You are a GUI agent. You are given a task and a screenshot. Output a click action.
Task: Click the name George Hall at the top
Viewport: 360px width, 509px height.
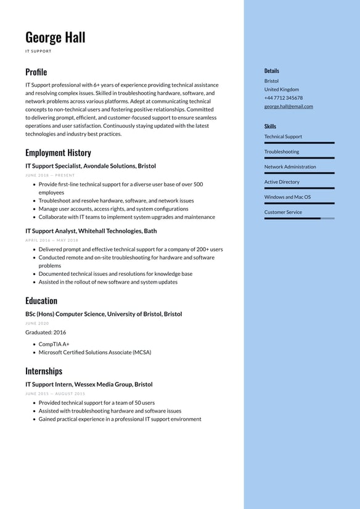point(55,37)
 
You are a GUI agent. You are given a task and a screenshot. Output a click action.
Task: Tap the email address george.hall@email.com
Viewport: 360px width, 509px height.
point(288,106)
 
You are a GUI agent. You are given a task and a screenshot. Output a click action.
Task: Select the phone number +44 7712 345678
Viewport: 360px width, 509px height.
point(284,97)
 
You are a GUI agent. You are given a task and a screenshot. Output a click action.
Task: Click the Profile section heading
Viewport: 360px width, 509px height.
point(36,72)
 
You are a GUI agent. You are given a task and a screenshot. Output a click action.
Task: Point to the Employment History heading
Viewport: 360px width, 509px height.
point(58,152)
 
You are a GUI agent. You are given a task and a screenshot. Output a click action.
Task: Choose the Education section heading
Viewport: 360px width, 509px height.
point(41,300)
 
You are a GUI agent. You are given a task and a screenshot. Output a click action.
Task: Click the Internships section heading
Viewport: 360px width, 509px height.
point(44,371)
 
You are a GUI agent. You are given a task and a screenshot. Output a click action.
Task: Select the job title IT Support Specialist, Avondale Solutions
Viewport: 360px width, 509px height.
point(91,166)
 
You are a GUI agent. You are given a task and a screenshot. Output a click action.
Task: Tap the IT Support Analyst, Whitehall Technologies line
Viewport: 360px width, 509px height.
point(91,231)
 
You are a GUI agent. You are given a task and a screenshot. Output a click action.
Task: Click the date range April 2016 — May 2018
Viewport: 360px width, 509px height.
point(52,240)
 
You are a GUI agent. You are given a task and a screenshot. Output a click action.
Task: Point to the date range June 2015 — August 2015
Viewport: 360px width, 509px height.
point(55,394)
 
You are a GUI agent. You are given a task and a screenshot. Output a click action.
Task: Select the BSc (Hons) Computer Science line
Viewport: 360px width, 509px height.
point(104,314)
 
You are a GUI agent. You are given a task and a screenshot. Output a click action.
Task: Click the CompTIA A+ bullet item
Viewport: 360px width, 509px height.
point(54,344)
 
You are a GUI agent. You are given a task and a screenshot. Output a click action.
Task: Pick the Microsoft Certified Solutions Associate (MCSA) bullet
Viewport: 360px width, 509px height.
point(95,352)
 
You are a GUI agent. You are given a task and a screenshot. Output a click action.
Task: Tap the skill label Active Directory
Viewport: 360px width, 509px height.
point(282,182)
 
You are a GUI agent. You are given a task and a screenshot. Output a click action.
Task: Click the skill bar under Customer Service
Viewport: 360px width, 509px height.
point(299,218)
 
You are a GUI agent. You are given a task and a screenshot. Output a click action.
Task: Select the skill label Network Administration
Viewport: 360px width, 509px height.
point(290,167)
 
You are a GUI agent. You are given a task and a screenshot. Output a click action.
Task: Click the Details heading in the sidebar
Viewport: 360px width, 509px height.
point(272,71)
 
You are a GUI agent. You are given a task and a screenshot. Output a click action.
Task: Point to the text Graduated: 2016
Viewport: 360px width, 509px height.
point(46,332)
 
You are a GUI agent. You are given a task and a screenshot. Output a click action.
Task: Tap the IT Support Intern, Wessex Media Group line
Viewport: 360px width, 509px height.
point(89,384)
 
